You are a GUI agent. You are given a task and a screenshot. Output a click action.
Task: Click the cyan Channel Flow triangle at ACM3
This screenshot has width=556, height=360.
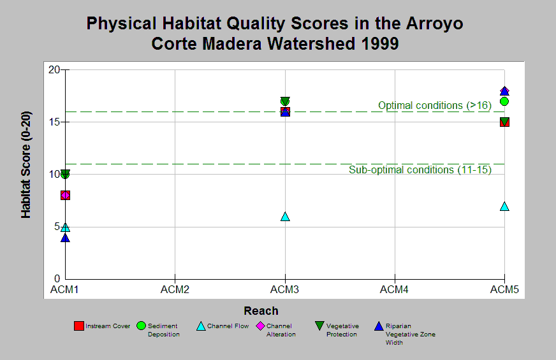tap(285, 217)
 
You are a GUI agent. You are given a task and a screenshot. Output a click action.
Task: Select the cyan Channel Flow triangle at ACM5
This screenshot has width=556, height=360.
tap(504, 206)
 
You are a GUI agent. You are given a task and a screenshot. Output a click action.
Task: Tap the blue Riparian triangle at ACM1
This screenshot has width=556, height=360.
tap(65, 238)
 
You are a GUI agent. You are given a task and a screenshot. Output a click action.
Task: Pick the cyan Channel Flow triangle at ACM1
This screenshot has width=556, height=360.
tap(65, 227)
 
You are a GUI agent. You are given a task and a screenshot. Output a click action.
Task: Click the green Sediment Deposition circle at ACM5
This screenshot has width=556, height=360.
tap(504, 101)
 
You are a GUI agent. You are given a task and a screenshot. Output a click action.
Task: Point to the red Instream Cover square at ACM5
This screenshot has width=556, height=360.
tap(504, 122)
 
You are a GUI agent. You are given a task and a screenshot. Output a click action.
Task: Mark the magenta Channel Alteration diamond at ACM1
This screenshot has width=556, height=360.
tap(65, 195)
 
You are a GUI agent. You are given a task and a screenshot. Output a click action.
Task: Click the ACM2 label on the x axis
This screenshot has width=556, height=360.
tap(175, 289)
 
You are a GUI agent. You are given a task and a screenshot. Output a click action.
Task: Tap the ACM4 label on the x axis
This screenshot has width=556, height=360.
tap(394, 289)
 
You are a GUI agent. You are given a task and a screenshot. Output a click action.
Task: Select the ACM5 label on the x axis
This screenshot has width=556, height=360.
tap(504, 289)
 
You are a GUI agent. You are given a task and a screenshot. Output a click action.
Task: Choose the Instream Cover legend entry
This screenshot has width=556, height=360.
tap(102, 326)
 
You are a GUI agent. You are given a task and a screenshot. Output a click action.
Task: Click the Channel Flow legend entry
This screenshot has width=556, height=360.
tap(223, 326)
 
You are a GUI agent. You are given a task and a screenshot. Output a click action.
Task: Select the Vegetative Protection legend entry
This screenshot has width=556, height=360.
tap(337, 330)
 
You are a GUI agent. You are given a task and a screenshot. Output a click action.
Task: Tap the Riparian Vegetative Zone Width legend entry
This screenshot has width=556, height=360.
tap(405, 334)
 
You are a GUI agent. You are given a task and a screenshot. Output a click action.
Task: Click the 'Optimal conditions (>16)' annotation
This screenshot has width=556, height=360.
tap(435, 105)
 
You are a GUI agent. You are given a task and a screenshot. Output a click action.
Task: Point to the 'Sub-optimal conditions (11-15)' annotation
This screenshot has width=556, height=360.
tap(420, 169)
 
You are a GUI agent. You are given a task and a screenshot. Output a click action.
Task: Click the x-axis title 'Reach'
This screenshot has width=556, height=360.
tap(261, 311)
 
